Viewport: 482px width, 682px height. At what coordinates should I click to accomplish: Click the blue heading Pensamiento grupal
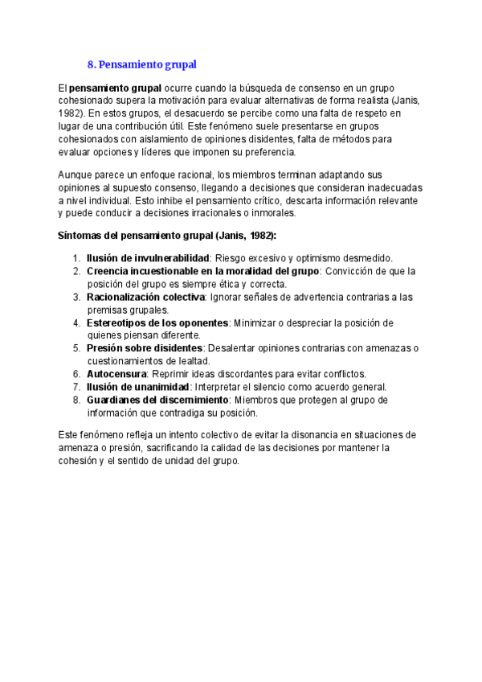pyautogui.click(x=141, y=64)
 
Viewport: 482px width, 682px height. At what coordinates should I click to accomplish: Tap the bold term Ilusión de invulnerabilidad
pyautogui.click(x=148, y=258)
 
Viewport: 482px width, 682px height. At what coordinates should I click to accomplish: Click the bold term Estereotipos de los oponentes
pyautogui.click(x=157, y=323)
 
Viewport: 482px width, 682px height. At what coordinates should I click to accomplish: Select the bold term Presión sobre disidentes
pyautogui.click(x=145, y=348)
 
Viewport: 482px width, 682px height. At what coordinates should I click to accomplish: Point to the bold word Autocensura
pyautogui.click(x=116, y=374)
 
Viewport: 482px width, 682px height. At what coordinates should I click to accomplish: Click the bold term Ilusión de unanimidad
pyautogui.click(x=137, y=387)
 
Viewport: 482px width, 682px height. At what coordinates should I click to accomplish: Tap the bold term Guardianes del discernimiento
pyautogui.click(x=158, y=400)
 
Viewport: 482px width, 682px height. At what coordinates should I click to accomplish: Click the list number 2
pyautogui.click(x=76, y=271)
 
